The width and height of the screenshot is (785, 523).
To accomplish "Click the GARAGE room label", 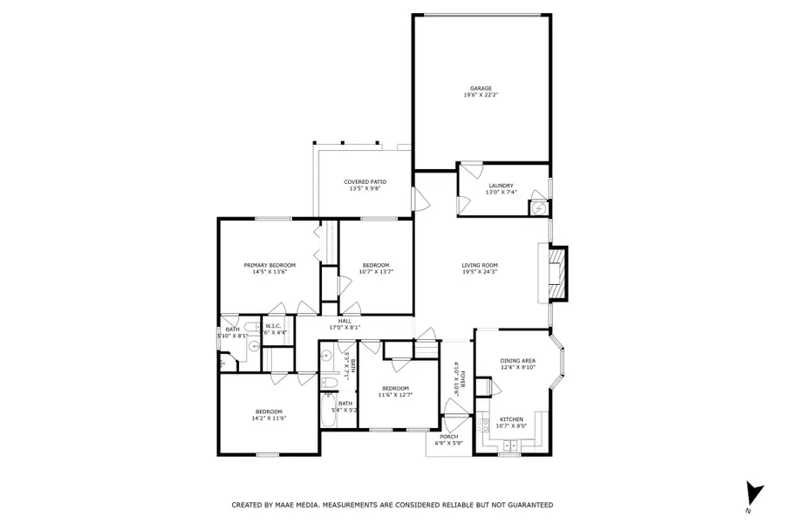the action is [481, 89].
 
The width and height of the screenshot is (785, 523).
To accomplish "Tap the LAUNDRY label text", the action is [502, 186].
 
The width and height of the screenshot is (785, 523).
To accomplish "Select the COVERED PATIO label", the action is [365, 182].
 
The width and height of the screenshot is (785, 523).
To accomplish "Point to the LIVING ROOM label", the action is [480, 266].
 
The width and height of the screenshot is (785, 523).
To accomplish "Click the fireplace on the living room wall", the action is [557, 273].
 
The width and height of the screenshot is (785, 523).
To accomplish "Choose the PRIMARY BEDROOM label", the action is [270, 266].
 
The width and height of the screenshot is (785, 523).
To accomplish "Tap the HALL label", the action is [345, 322].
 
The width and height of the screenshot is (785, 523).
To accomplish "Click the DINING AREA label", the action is [517, 361].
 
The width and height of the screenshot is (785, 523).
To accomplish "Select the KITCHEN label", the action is [512, 420].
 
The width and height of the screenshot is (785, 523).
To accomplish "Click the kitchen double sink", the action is [512, 445].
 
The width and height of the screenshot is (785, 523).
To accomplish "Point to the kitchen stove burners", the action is [482, 425].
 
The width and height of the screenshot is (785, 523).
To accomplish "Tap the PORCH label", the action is [448, 437].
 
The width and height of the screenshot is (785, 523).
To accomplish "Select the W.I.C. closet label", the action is [273, 326].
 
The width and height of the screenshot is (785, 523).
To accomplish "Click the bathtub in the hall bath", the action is [330, 411].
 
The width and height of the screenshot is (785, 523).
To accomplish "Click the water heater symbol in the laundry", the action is [539, 208].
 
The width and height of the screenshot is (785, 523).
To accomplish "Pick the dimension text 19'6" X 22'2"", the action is [481, 95].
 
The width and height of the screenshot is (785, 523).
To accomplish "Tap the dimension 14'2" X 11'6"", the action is [269, 418].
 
